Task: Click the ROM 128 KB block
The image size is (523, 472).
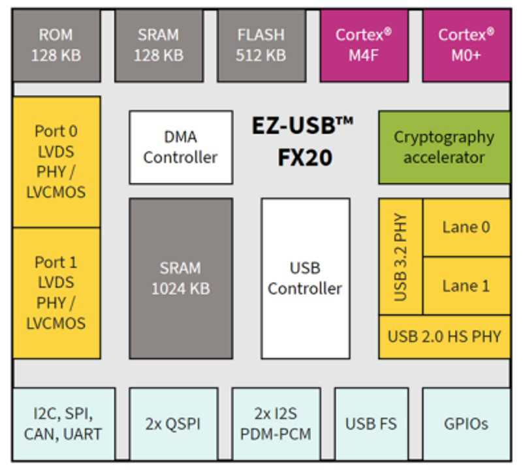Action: [56, 44]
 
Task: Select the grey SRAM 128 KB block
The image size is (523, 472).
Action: [159, 44]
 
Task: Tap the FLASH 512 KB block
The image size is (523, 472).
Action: [261, 44]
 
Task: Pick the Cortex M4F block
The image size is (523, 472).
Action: [364, 44]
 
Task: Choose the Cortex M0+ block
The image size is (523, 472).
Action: [466, 44]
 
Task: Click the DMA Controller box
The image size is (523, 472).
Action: [181, 148]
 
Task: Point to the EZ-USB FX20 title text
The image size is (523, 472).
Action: [302, 141]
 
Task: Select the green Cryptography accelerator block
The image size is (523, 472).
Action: [444, 148]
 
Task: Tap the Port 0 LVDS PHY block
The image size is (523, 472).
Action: [56, 161]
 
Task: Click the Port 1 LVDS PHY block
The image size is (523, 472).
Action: [56, 292]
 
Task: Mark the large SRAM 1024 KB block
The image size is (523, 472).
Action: [181, 278]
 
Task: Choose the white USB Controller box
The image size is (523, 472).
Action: [305, 278]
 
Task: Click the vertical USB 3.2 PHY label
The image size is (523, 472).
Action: [401, 257]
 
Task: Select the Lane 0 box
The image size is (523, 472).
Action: [466, 227]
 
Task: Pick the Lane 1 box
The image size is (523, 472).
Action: [466, 285]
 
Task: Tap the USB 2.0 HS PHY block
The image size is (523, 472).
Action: [444, 337]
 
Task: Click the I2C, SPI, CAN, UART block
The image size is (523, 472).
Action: [63, 424]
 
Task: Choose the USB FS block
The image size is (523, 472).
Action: [371, 424]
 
